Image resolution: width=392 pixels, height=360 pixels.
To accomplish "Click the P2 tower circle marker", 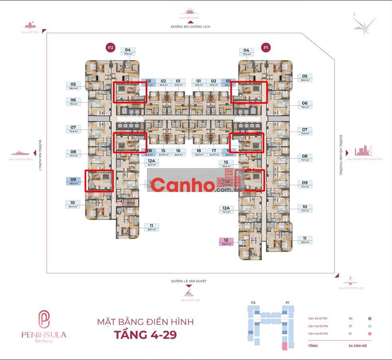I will point(110,48).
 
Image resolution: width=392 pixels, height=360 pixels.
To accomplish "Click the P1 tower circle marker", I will point(266,47).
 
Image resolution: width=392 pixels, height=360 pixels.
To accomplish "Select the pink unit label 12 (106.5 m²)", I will point(226,242).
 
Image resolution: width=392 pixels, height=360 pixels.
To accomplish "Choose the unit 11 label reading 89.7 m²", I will point(152,227).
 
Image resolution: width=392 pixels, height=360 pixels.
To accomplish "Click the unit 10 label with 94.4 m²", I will point(73,204).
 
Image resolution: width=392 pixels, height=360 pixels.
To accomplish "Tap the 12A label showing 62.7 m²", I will point(151,162).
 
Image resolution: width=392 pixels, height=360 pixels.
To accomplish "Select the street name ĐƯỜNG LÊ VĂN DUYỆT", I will point(189,281).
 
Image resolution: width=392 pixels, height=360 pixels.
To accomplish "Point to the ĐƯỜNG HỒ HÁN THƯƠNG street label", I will point(341,155).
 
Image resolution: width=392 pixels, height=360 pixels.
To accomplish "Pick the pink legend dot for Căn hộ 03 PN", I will point(370,334).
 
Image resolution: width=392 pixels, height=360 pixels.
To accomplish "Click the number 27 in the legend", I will point(351,326).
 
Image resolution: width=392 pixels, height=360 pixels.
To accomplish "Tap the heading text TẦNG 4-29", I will point(145,334).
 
